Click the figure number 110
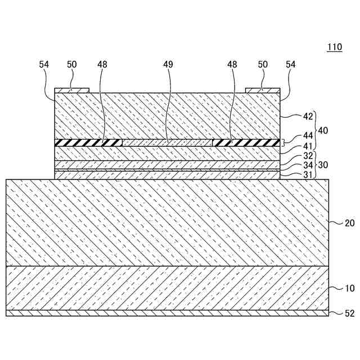(x=334, y=47)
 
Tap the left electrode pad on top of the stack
(x=71, y=90)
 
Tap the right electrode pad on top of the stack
(x=263, y=90)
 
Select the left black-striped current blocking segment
(x=88, y=142)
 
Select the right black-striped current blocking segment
(x=246, y=142)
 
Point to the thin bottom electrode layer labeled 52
(x=167, y=313)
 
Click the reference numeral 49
(x=168, y=65)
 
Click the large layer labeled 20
(x=167, y=223)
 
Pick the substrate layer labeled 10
(x=167, y=287)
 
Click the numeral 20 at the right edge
(x=349, y=223)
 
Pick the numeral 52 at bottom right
(x=349, y=314)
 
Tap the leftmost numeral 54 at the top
(x=44, y=65)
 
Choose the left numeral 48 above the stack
(x=102, y=65)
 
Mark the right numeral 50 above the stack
(x=263, y=65)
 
